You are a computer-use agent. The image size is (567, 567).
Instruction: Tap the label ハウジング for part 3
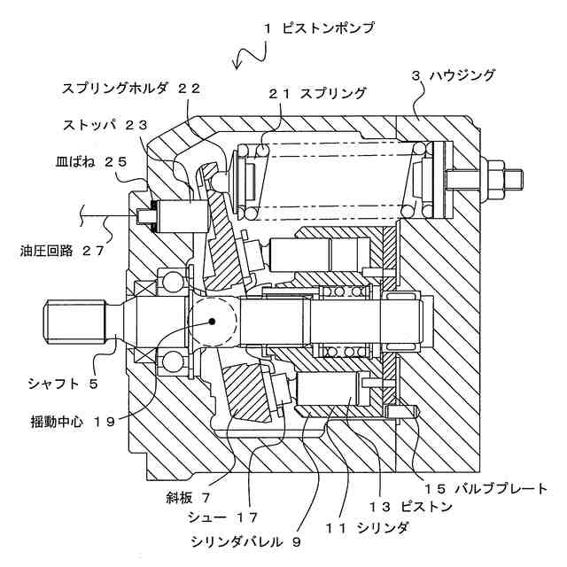(x=453, y=75)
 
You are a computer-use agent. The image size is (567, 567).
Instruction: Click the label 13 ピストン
(x=413, y=507)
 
